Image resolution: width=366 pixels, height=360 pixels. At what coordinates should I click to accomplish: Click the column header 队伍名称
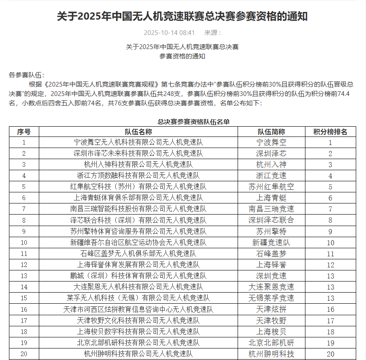coord(138,132)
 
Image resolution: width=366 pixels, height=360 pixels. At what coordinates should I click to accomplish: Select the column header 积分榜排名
coord(330,132)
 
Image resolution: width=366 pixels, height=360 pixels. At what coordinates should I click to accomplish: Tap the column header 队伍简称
coord(271,132)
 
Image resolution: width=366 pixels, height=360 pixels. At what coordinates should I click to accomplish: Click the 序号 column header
coord(24,132)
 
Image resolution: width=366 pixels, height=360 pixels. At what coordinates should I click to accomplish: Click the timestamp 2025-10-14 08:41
coord(169,33)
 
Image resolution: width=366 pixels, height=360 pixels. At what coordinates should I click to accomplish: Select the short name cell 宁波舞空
coord(271,142)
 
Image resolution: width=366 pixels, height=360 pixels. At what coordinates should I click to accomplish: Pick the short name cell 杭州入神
coord(271,165)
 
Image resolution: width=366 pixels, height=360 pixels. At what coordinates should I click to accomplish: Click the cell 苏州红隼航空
coord(271,187)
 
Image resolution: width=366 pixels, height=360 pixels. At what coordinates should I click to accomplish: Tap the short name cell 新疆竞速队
coord(271,242)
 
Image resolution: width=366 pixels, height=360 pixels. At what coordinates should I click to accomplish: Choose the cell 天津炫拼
coord(271,309)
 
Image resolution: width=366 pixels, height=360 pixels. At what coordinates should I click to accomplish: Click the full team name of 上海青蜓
coord(138,198)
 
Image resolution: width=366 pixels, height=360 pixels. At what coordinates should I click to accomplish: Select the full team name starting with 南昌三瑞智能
coord(138,209)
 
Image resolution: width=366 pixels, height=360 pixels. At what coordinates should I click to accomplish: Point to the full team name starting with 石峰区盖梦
coord(138,253)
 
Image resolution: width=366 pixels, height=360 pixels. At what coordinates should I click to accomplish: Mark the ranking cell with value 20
coord(330,354)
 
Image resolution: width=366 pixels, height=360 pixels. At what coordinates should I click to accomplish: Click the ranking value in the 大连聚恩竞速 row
coord(330,287)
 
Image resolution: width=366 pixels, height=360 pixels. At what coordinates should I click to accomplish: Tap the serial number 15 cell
coord(24,298)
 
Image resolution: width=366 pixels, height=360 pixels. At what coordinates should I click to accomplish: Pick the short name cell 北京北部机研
coord(271,342)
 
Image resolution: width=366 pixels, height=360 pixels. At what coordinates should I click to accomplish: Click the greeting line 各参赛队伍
coord(26,75)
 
